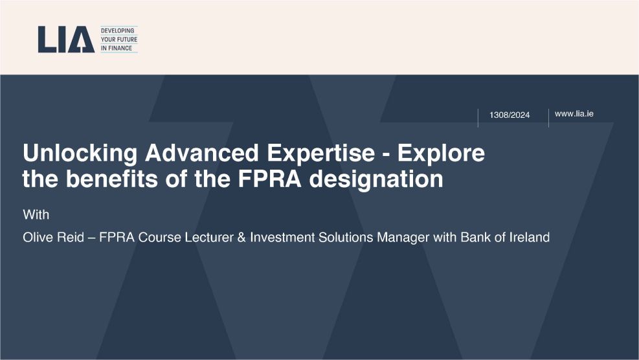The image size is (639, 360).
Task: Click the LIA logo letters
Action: [x=66, y=39]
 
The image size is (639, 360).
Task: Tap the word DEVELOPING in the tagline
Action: [x=117, y=30]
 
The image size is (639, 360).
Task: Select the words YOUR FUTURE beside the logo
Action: [x=119, y=39]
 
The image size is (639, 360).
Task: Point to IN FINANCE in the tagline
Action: [x=117, y=48]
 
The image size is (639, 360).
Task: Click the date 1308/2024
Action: [x=510, y=115]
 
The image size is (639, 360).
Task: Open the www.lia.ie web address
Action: [x=574, y=114]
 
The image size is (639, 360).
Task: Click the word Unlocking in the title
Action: [x=80, y=153]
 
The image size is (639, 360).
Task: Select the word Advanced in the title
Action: [x=202, y=153]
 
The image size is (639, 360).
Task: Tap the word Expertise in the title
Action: [x=320, y=153]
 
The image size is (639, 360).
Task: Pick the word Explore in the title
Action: [x=441, y=153]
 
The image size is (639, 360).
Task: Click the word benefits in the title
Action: [x=112, y=179]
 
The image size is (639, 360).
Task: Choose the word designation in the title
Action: [x=376, y=180]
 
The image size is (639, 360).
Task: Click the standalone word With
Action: [x=36, y=214]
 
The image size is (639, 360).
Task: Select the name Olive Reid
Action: [x=53, y=237]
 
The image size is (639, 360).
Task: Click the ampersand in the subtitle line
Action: [x=241, y=237]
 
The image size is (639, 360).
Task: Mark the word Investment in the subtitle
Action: [x=282, y=237]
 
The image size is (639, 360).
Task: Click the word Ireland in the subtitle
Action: [x=530, y=237]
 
